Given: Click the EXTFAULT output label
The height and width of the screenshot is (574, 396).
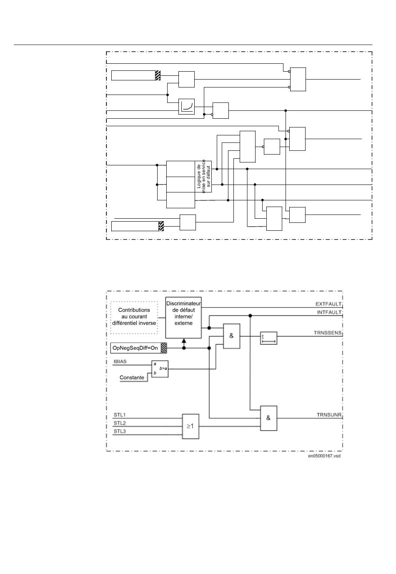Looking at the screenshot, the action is (x=328, y=304).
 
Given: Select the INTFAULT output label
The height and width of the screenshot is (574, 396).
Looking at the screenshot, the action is (x=329, y=312).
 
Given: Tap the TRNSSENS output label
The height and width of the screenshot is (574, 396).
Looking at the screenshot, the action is (x=328, y=333).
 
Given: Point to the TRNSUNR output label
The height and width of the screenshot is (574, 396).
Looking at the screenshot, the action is (x=329, y=414).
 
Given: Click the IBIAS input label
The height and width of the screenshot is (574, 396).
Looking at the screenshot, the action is (x=120, y=361).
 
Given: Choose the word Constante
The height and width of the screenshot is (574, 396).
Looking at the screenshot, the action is (x=132, y=377).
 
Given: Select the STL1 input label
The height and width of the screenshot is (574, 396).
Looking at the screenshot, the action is (x=120, y=414).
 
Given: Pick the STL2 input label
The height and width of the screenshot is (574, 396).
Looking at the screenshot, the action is (x=120, y=423).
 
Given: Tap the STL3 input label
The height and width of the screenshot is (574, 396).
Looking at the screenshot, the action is (x=120, y=431).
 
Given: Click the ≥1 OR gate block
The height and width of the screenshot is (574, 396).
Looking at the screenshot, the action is (x=190, y=426).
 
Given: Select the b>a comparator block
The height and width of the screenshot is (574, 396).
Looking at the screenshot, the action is (x=160, y=369).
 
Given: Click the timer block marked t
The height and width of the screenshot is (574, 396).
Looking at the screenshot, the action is (x=269, y=338).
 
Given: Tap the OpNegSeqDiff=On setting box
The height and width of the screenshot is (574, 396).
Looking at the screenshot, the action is (x=138, y=348).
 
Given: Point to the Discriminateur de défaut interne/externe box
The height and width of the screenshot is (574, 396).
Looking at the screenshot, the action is (x=183, y=317).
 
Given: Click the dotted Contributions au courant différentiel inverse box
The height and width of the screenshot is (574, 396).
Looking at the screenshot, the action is (x=134, y=317).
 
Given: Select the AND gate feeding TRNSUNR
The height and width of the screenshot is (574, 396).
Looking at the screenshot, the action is (x=268, y=418).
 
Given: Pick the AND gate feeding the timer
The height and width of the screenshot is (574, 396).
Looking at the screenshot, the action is (x=232, y=336).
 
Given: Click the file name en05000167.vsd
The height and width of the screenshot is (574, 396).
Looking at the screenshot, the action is (x=324, y=456).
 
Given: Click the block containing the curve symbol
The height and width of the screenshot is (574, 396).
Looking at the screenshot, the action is (x=186, y=106).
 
